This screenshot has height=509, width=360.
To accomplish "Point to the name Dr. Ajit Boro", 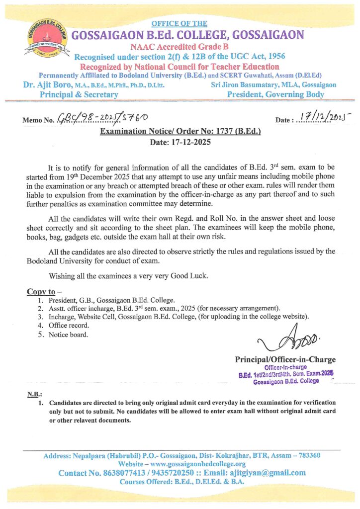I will pyautogui.click(x=49, y=85).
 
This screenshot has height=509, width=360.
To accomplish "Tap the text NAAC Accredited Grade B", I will pyautogui.click(x=180, y=46).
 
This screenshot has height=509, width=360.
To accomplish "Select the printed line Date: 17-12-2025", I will pyautogui.click(x=180, y=142).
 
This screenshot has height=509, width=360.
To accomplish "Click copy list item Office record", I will pyautogui.click(x=69, y=325).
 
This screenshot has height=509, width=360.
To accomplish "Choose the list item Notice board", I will pyautogui.click(x=69, y=334).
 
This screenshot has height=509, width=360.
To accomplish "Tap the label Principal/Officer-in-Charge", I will pyautogui.click(x=285, y=359).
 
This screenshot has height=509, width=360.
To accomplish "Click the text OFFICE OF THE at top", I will pyautogui.click(x=180, y=24).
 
